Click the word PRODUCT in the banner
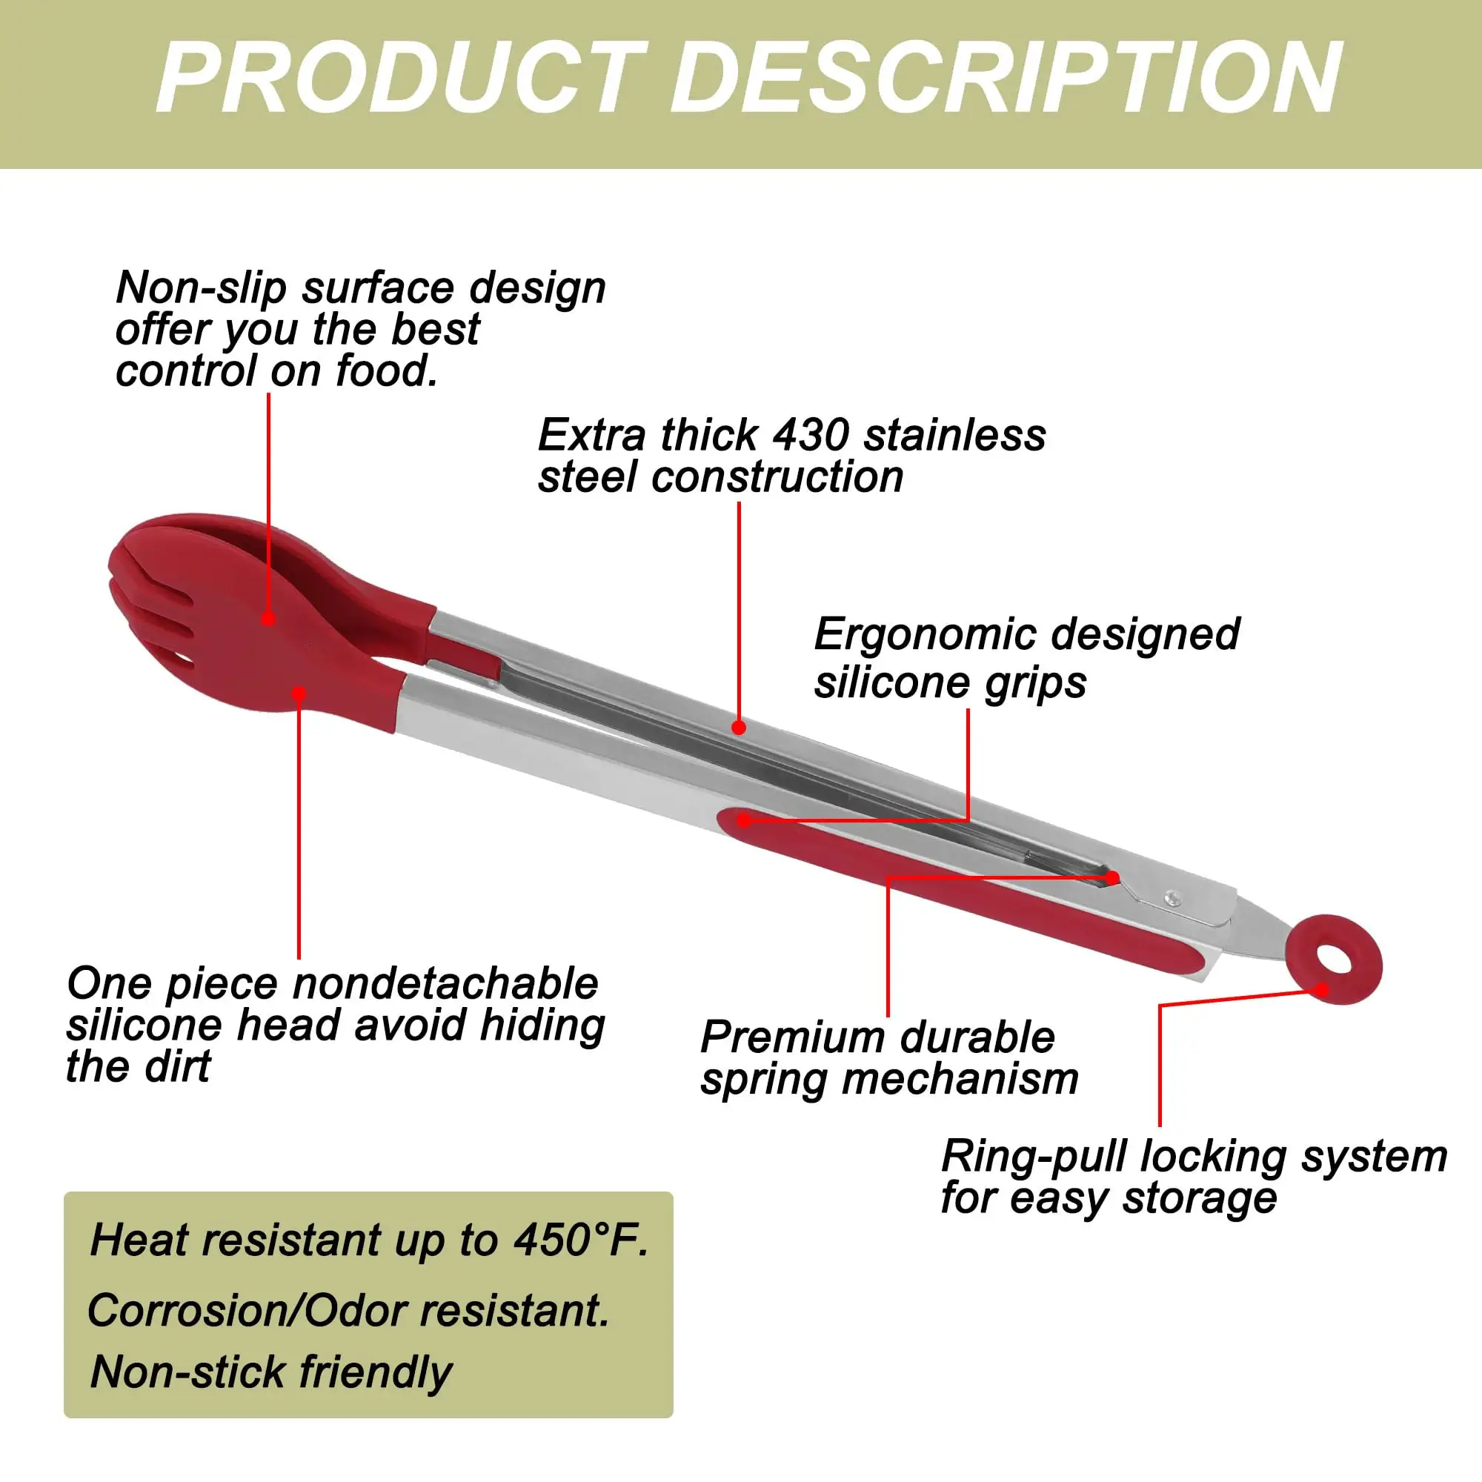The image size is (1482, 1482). coord(400,79)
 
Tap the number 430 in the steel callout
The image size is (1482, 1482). coord(811,435)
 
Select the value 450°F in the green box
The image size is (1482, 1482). coord(581,1240)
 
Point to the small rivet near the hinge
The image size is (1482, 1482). coord(1172,897)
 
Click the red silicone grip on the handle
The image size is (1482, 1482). coord(959,894)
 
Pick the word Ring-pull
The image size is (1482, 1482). coord(1034,1157)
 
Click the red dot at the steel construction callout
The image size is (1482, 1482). coord(739,727)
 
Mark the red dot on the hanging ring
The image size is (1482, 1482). coord(1322,989)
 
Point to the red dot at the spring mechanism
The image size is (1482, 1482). coord(1113,877)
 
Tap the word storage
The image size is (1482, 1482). coord(1200,1199)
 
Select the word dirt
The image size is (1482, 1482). coord(179,1066)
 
